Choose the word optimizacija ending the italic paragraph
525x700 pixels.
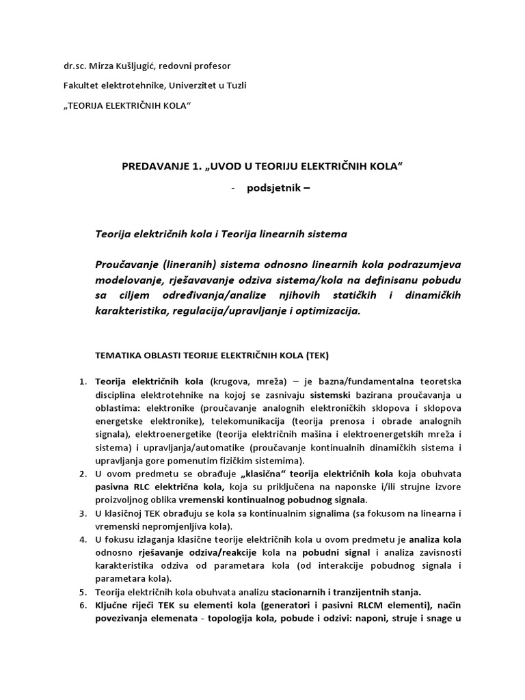point(326,310)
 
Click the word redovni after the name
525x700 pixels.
point(180,66)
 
